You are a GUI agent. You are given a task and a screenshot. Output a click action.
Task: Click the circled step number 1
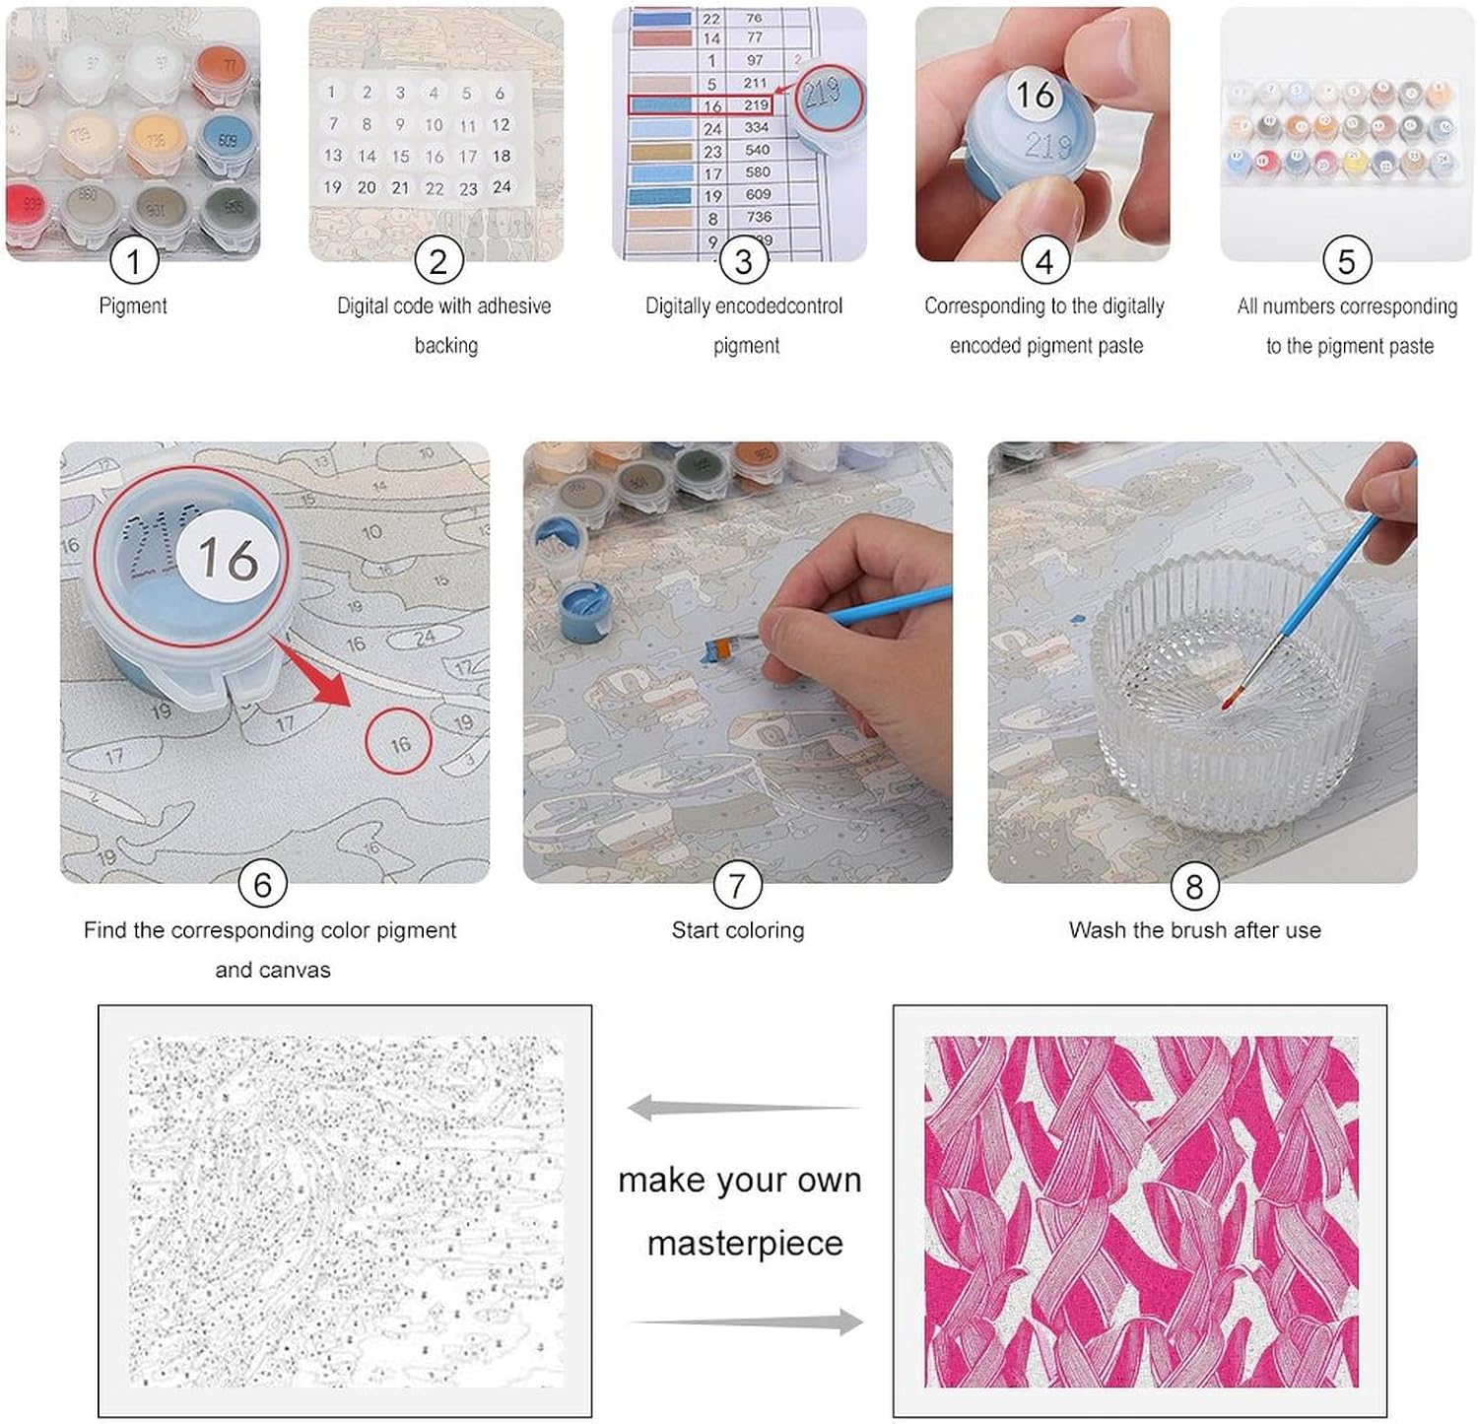(133, 261)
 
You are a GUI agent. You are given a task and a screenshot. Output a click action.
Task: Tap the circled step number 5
(1346, 261)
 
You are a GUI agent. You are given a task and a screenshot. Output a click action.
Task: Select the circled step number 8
(1193, 886)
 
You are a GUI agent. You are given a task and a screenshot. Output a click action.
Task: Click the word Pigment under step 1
(133, 306)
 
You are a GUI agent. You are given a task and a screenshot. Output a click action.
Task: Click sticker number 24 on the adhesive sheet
(502, 187)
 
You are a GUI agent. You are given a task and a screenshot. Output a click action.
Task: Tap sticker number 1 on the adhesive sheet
(332, 93)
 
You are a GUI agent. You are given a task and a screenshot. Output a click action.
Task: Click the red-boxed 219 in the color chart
(756, 105)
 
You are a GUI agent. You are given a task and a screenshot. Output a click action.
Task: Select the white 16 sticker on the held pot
(1035, 95)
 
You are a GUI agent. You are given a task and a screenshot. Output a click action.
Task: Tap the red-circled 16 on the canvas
(399, 743)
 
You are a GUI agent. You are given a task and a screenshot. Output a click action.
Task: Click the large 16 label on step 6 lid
(229, 558)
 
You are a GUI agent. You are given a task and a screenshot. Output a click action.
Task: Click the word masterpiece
(745, 1244)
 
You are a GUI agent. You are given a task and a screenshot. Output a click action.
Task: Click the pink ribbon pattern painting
(1140, 1211)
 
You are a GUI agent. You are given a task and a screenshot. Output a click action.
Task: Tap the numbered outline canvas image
(345, 1211)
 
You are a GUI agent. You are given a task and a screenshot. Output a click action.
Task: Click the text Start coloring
(737, 930)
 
